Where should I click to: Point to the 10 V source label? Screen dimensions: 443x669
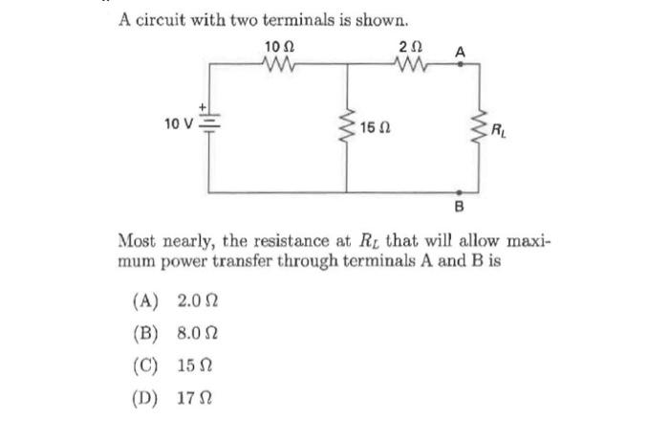click(x=178, y=123)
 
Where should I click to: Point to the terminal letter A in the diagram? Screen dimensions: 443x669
click(x=461, y=52)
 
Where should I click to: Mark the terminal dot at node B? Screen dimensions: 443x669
click(x=461, y=191)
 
